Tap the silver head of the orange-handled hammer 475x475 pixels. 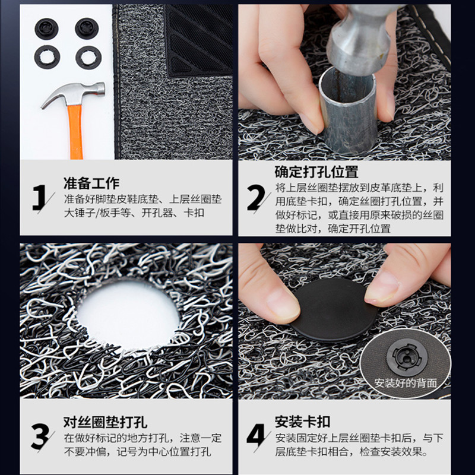pos(74,93)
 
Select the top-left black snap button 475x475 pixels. pos(46,28)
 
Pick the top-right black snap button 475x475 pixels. pos(87,28)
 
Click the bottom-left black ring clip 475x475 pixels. pos(47,57)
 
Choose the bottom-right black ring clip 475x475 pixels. pos(88,57)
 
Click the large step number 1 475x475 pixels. pos(39,198)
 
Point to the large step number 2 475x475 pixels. pos(256,198)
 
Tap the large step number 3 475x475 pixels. pos(40,436)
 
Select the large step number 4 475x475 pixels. pos(256,436)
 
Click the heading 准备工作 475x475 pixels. pos(91,183)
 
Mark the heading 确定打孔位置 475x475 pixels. pos(316,172)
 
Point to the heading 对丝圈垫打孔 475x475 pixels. pos(106,422)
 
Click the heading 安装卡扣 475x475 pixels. pos(303,422)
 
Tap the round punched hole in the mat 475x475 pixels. pos(128,315)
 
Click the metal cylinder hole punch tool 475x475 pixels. pos(348,110)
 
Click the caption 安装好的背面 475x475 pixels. pos(406,383)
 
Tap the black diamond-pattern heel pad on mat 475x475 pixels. pos(199,40)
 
